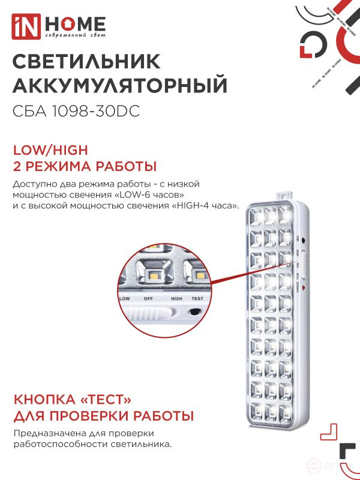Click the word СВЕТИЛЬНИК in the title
point(86,62)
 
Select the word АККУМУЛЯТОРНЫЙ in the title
point(120,86)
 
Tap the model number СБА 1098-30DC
point(76,111)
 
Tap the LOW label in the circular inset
point(125,298)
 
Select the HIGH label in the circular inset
point(176,298)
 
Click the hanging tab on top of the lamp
point(286,196)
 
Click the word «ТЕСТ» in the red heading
point(103,400)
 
